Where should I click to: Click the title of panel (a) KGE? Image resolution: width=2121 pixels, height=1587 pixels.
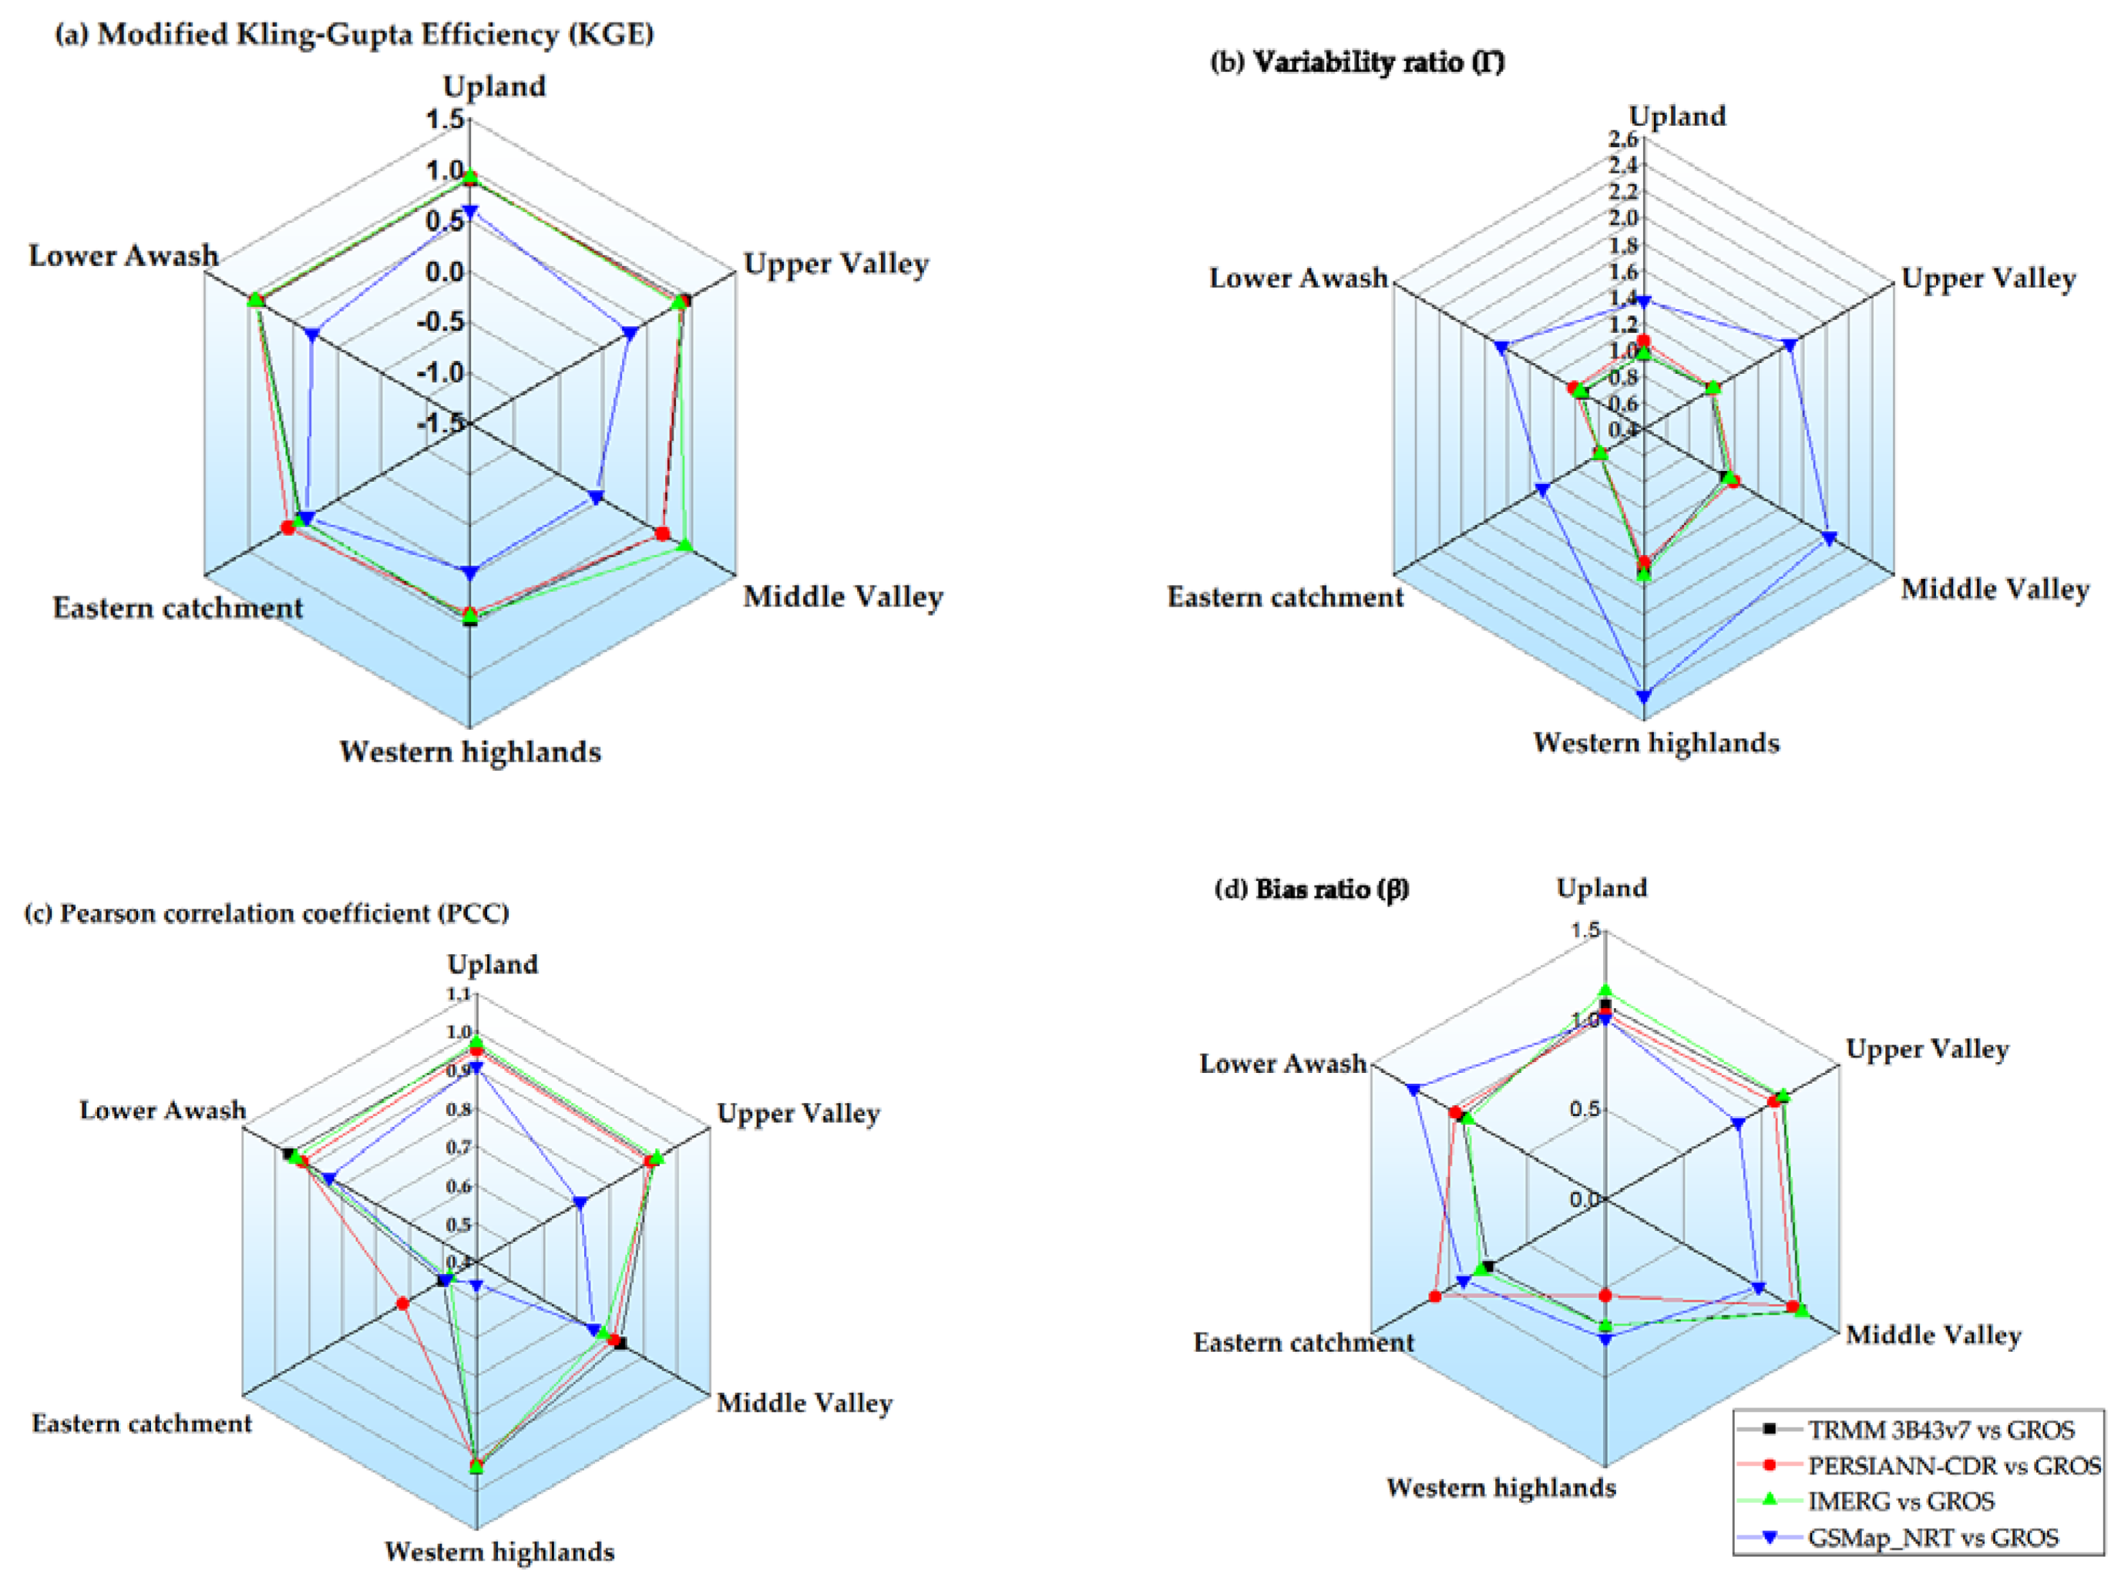click(355, 35)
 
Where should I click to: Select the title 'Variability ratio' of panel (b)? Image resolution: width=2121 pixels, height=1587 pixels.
click(1356, 62)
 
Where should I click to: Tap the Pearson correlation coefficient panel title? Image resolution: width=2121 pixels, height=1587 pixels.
click(267, 913)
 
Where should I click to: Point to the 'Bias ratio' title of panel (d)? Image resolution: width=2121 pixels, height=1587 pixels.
click(1312, 889)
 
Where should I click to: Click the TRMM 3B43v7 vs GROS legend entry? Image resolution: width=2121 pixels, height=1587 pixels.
click(1940, 1430)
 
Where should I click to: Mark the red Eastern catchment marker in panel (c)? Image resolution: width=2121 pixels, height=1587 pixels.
click(404, 1303)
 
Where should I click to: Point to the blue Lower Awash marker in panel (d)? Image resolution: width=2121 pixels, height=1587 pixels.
click(1413, 1089)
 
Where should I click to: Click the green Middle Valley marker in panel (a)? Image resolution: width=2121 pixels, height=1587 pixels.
click(684, 545)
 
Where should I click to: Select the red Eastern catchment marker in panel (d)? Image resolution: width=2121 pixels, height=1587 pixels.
click(1435, 1296)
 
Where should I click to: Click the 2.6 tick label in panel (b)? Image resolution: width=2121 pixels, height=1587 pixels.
click(1623, 139)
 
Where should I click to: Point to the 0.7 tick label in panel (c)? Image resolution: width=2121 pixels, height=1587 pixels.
click(459, 1147)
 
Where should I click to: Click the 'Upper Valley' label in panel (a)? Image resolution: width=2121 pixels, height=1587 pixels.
click(836, 264)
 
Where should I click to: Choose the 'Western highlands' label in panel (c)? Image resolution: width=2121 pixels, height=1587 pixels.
click(499, 1552)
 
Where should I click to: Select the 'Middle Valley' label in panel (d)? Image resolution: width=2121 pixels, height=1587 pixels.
click(1933, 1335)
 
